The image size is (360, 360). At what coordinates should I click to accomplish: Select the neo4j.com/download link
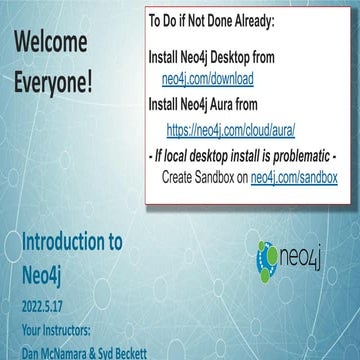[x=213, y=77]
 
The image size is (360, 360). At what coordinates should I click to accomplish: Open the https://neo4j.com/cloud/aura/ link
[x=229, y=129]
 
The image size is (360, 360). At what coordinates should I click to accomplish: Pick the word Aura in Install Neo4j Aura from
[x=239, y=103]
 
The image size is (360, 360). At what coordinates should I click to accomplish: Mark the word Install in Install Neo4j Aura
[x=167, y=103]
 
